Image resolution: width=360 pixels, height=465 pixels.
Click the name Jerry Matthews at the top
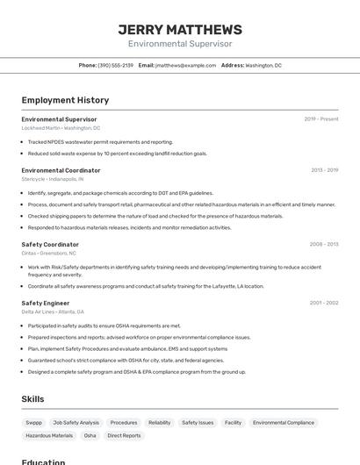(x=180, y=29)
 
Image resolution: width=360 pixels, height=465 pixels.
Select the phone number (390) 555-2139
(x=116, y=65)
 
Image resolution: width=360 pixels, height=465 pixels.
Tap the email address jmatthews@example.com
(x=185, y=65)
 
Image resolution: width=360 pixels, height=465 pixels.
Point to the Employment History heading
(x=65, y=101)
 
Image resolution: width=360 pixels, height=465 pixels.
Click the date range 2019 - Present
(x=320, y=118)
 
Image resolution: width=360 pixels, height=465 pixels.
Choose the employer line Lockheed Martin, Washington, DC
(x=61, y=127)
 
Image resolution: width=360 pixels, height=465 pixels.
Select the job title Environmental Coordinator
(x=61, y=170)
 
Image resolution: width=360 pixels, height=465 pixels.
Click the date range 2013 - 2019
(x=324, y=170)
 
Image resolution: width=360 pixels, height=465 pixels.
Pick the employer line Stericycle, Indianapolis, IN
(x=53, y=179)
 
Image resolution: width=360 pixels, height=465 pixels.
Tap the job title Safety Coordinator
(x=50, y=244)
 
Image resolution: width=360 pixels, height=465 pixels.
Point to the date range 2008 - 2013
(x=323, y=244)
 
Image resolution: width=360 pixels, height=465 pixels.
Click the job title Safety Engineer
(x=45, y=303)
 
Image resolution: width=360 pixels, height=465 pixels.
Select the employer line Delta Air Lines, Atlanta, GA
(x=53, y=311)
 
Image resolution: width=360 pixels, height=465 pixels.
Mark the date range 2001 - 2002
(x=323, y=303)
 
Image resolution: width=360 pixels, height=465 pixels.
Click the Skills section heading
(x=32, y=399)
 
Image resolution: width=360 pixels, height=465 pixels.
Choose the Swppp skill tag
(x=33, y=422)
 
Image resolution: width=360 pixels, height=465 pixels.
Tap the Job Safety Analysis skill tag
(x=76, y=422)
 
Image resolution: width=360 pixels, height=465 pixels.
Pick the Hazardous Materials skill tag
(x=49, y=435)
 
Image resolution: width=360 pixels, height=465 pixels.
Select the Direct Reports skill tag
(x=124, y=435)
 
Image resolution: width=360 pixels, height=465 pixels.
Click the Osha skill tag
(x=90, y=435)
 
